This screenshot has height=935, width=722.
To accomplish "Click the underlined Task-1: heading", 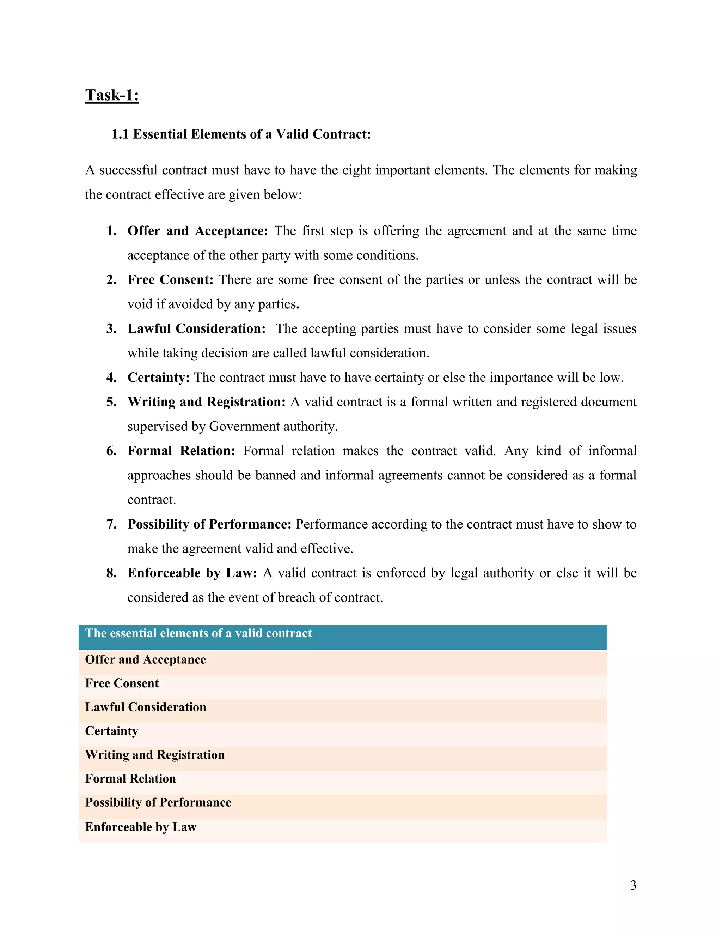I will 112,95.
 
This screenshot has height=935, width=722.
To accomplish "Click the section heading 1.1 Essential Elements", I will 241,134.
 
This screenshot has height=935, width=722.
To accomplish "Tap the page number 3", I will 633,885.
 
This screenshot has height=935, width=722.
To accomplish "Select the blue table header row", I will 342,637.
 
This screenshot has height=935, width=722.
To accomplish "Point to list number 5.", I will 111,402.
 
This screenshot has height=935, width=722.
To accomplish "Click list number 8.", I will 111,573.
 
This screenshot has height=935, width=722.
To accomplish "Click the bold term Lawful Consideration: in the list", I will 196,328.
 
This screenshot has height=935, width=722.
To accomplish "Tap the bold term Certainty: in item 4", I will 158,377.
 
